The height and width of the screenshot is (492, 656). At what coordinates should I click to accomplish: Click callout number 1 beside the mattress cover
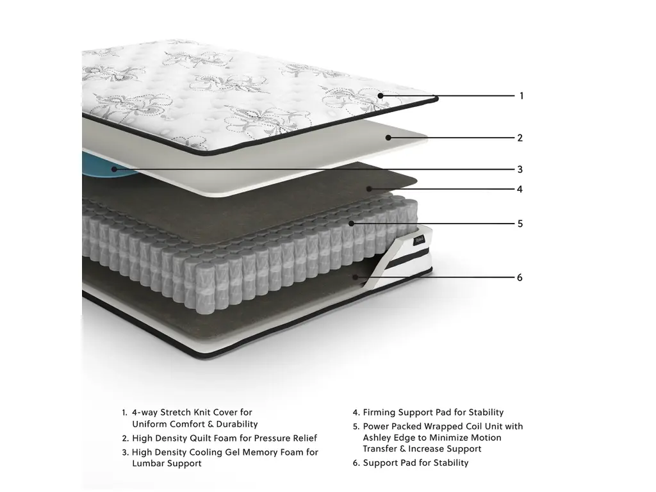(521, 96)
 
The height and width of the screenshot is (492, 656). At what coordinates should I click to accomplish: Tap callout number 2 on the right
(520, 138)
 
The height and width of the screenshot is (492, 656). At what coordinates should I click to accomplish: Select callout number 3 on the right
(520, 169)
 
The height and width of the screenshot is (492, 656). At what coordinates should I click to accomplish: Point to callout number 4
(520, 189)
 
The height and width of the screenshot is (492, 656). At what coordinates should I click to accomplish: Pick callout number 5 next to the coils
(520, 224)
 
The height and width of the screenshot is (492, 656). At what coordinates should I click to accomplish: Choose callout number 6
(520, 277)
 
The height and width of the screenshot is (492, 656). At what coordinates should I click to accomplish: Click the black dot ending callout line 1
(381, 96)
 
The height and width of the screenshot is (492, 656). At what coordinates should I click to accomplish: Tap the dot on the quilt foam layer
(388, 138)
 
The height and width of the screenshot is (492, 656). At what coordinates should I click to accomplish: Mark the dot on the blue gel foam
(114, 169)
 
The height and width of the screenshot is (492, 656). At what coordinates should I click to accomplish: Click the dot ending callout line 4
(369, 189)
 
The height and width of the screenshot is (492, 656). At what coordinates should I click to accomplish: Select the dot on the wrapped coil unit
(352, 224)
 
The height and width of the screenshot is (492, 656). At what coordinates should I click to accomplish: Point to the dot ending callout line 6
(356, 277)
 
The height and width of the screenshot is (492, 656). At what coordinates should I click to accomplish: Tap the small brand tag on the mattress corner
(420, 241)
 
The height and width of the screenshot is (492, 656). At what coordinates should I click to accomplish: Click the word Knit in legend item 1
(202, 413)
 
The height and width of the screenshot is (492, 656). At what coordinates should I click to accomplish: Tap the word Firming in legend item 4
(379, 413)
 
